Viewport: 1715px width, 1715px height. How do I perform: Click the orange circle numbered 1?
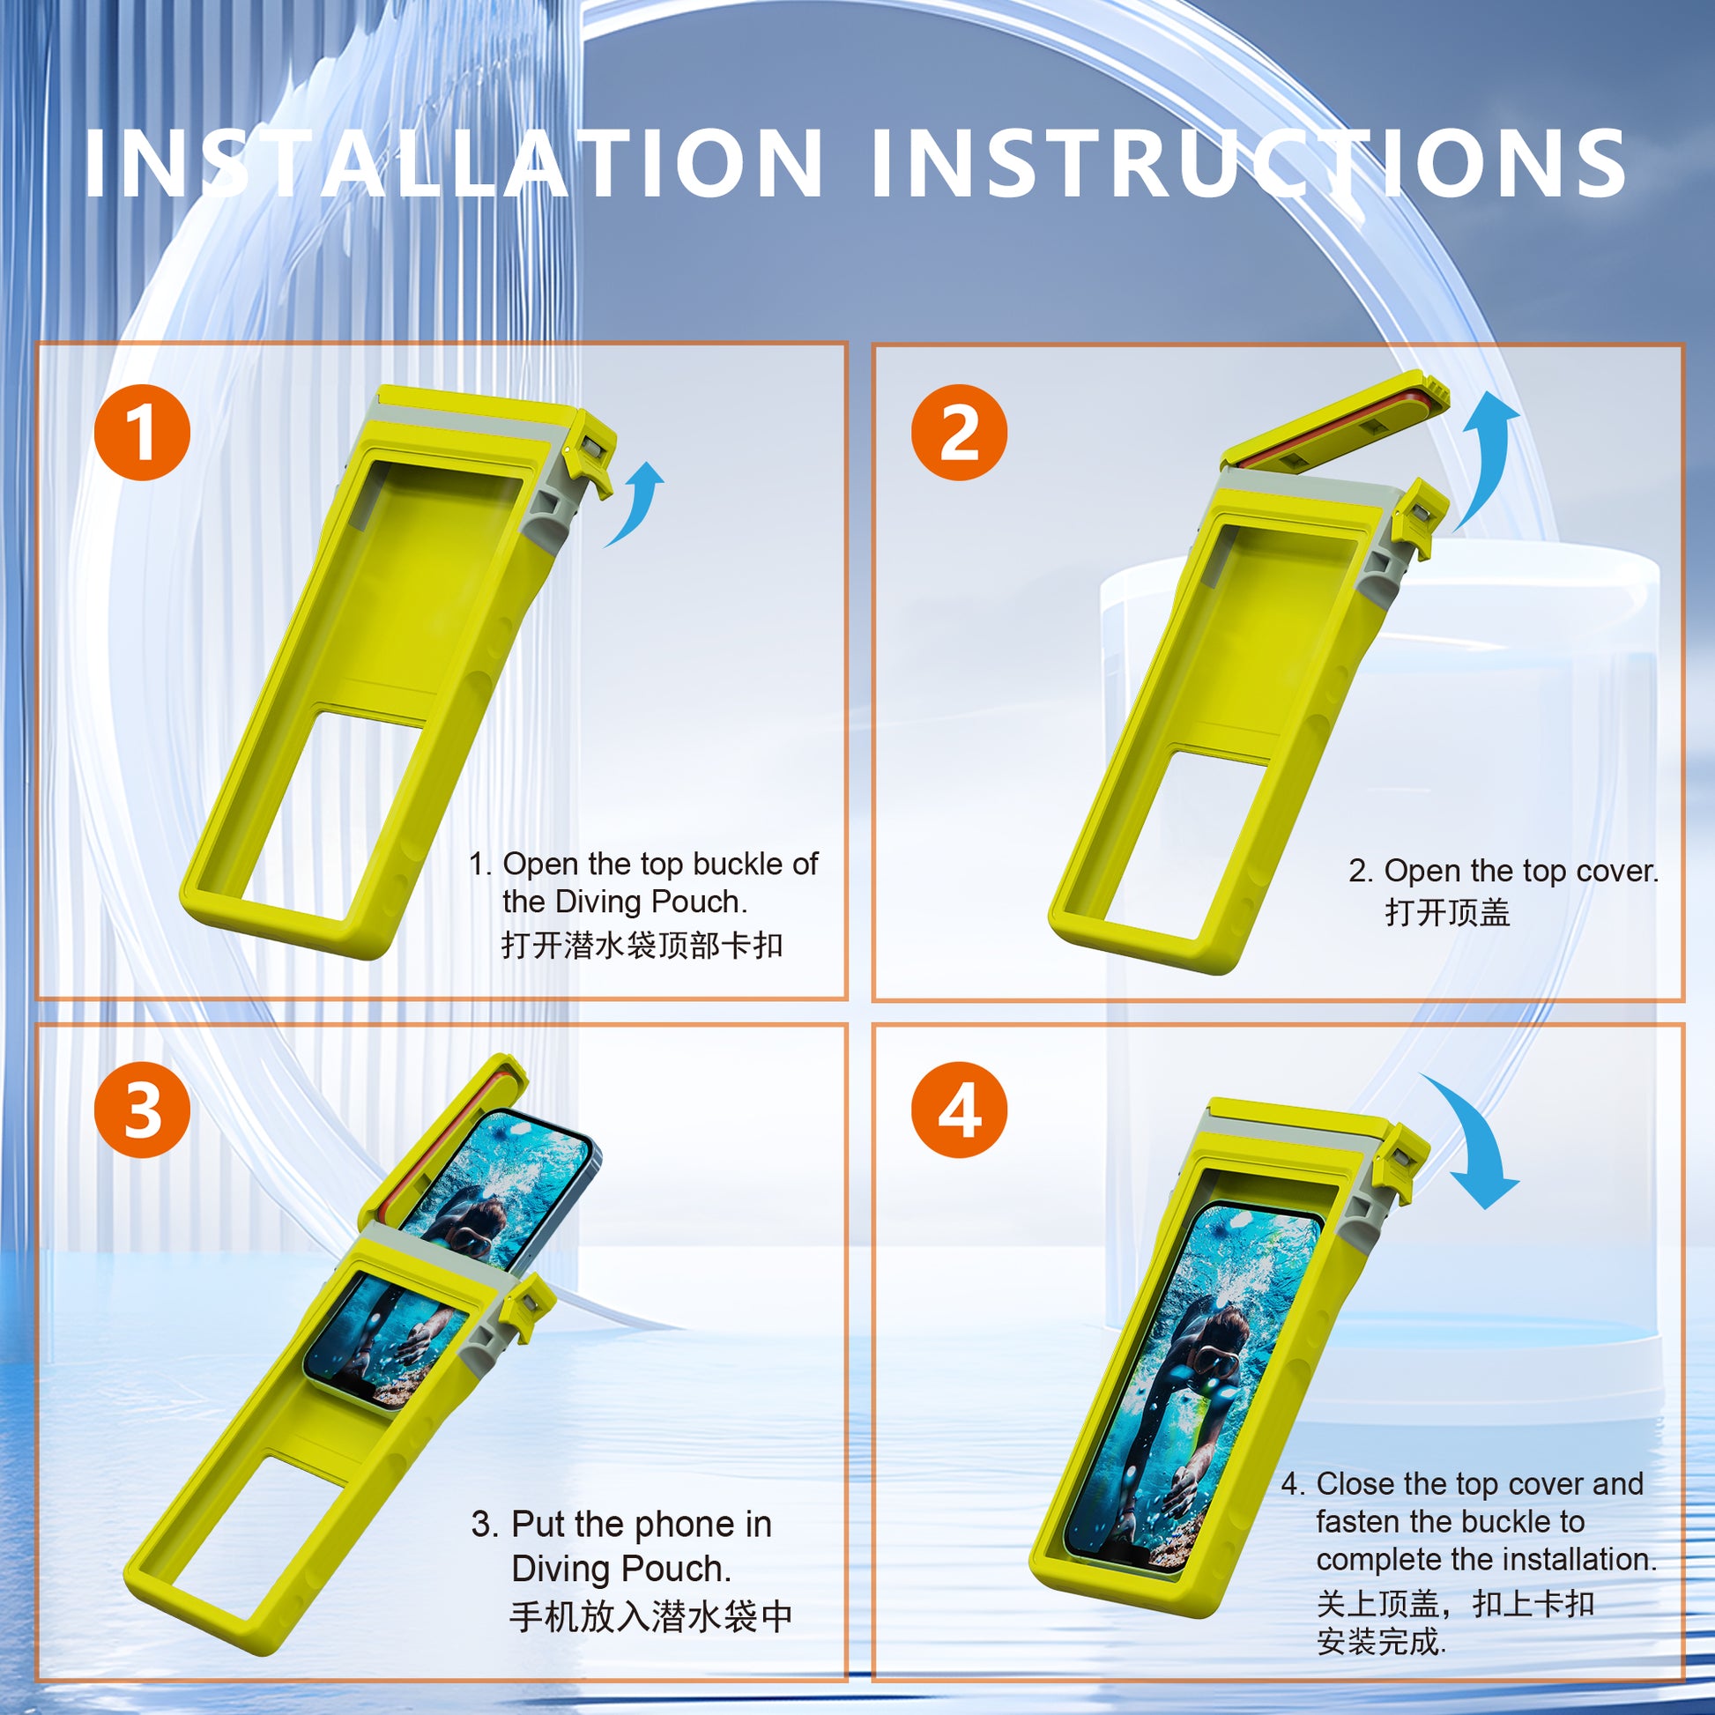(x=142, y=433)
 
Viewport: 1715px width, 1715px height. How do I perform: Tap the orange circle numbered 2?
(x=959, y=433)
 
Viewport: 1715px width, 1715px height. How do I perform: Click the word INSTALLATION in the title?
(x=453, y=164)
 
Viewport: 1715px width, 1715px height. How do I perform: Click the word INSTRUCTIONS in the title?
(x=1247, y=164)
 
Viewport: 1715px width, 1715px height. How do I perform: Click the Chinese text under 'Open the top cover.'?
(x=1447, y=912)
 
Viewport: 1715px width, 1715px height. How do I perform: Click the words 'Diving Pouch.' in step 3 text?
(x=621, y=1570)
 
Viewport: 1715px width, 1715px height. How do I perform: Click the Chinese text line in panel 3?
(x=650, y=1616)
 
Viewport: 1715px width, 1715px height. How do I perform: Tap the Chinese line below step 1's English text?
(x=642, y=946)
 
